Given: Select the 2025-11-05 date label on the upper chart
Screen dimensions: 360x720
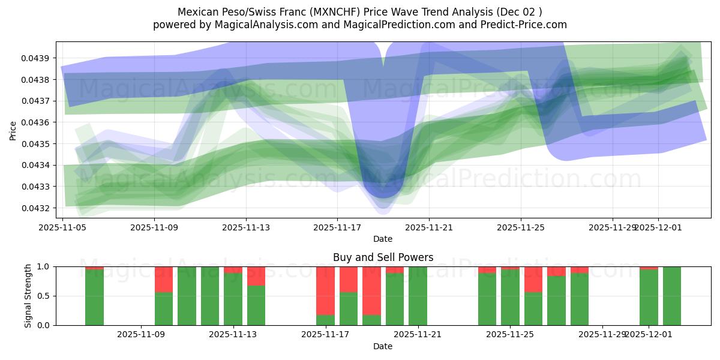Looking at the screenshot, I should (x=63, y=227).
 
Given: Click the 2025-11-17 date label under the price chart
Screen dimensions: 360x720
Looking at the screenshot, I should (x=337, y=227).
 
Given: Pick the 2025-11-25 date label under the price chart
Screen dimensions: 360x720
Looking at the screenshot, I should (x=520, y=227).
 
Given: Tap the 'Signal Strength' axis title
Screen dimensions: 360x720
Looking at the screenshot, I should (x=28, y=296).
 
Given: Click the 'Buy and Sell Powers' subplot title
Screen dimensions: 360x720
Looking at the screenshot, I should (x=383, y=257).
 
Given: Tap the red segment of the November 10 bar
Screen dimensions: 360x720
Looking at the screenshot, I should (x=164, y=279).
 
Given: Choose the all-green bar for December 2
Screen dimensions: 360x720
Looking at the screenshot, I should (x=671, y=296).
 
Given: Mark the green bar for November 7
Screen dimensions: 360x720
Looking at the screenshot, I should (x=94, y=298).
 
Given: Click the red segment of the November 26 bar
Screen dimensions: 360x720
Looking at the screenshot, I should (x=533, y=279).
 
